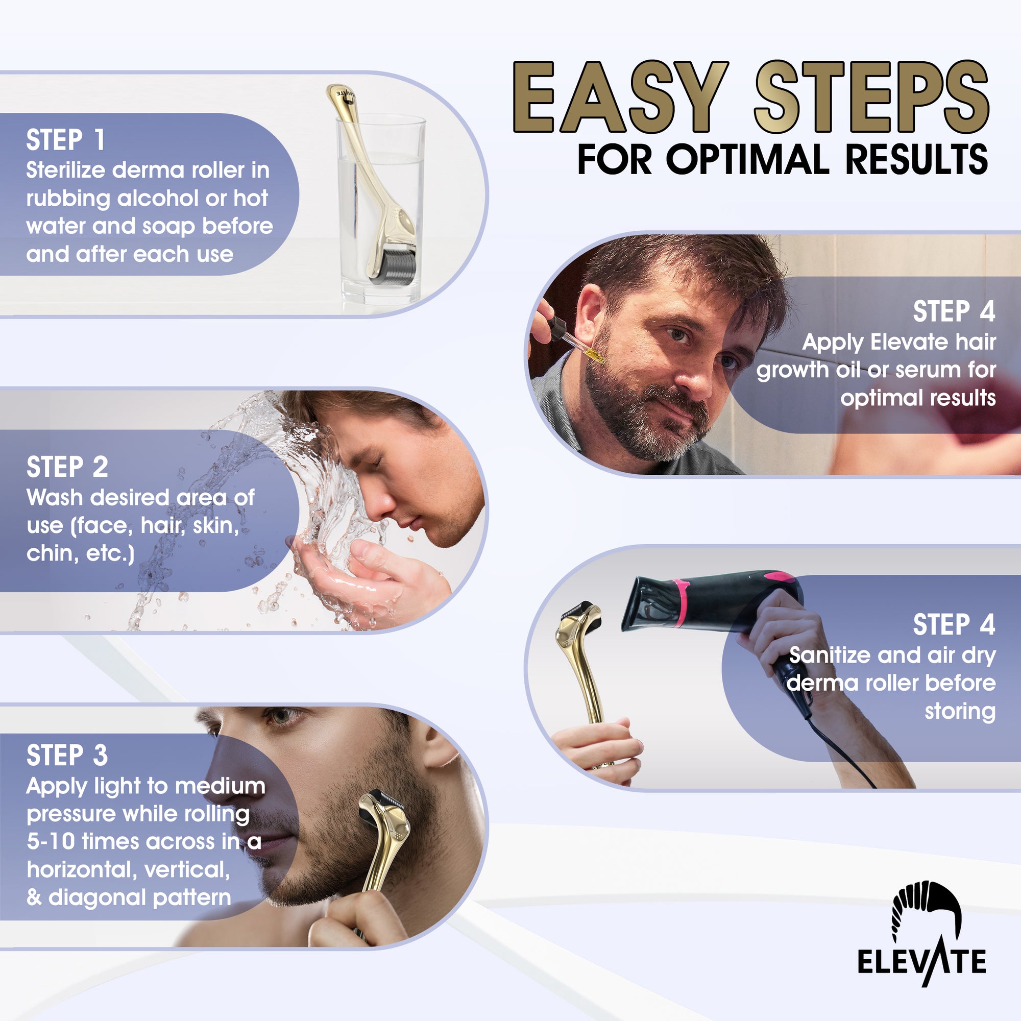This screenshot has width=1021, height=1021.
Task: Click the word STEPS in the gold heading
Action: click(x=871, y=96)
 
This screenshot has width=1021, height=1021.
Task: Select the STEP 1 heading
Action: click(x=65, y=140)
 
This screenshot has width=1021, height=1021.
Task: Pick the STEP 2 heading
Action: click(x=67, y=467)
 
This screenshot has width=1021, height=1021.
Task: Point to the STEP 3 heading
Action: click(x=67, y=755)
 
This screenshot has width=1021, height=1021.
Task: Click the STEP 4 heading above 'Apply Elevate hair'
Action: click(x=954, y=311)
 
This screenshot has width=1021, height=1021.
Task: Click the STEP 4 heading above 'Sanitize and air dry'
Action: click(x=954, y=625)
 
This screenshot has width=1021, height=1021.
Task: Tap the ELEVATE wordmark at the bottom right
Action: click(x=921, y=962)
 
